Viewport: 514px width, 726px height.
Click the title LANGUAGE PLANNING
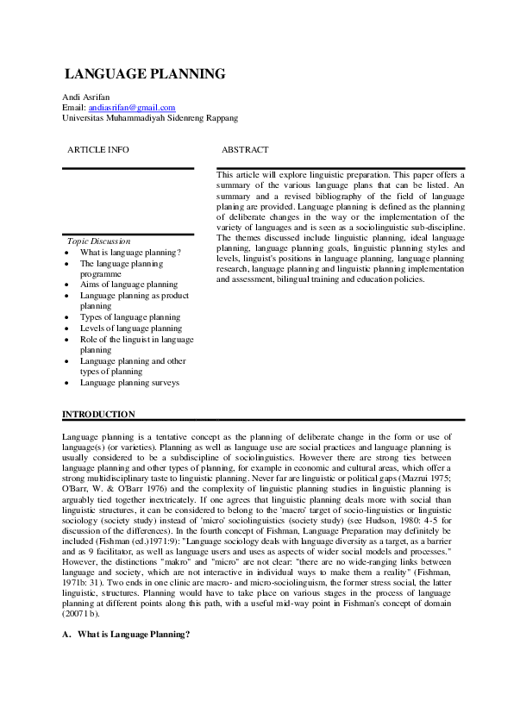(145, 74)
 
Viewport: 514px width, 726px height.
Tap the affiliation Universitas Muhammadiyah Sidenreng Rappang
(151, 117)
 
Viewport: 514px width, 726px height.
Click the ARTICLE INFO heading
(98, 150)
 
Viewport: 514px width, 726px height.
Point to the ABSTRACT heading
(245, 150)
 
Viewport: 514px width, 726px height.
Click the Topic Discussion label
(98, 241)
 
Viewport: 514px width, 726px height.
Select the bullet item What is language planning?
(130, 253)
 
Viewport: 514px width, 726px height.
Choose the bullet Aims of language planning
(128, 285)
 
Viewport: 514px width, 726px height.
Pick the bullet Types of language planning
(130, 317)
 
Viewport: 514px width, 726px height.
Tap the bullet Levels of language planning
(131, 329)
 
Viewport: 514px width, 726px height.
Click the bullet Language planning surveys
(129, 382)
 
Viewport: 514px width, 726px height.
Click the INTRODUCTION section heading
(99, 415)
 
